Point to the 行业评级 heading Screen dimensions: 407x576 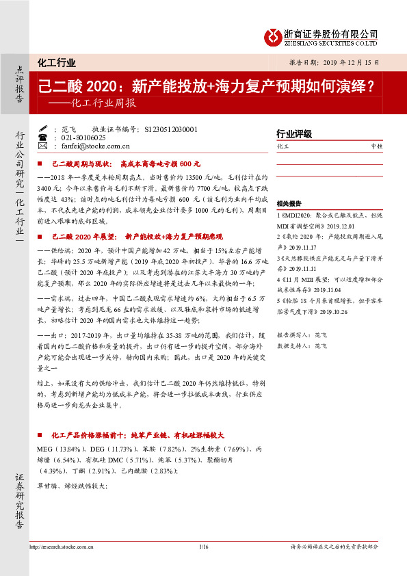click(293, 133)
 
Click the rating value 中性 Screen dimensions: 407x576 click(376, 146)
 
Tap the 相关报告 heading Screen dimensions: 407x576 click(289, 204)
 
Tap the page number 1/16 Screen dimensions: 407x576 click(202, 546)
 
